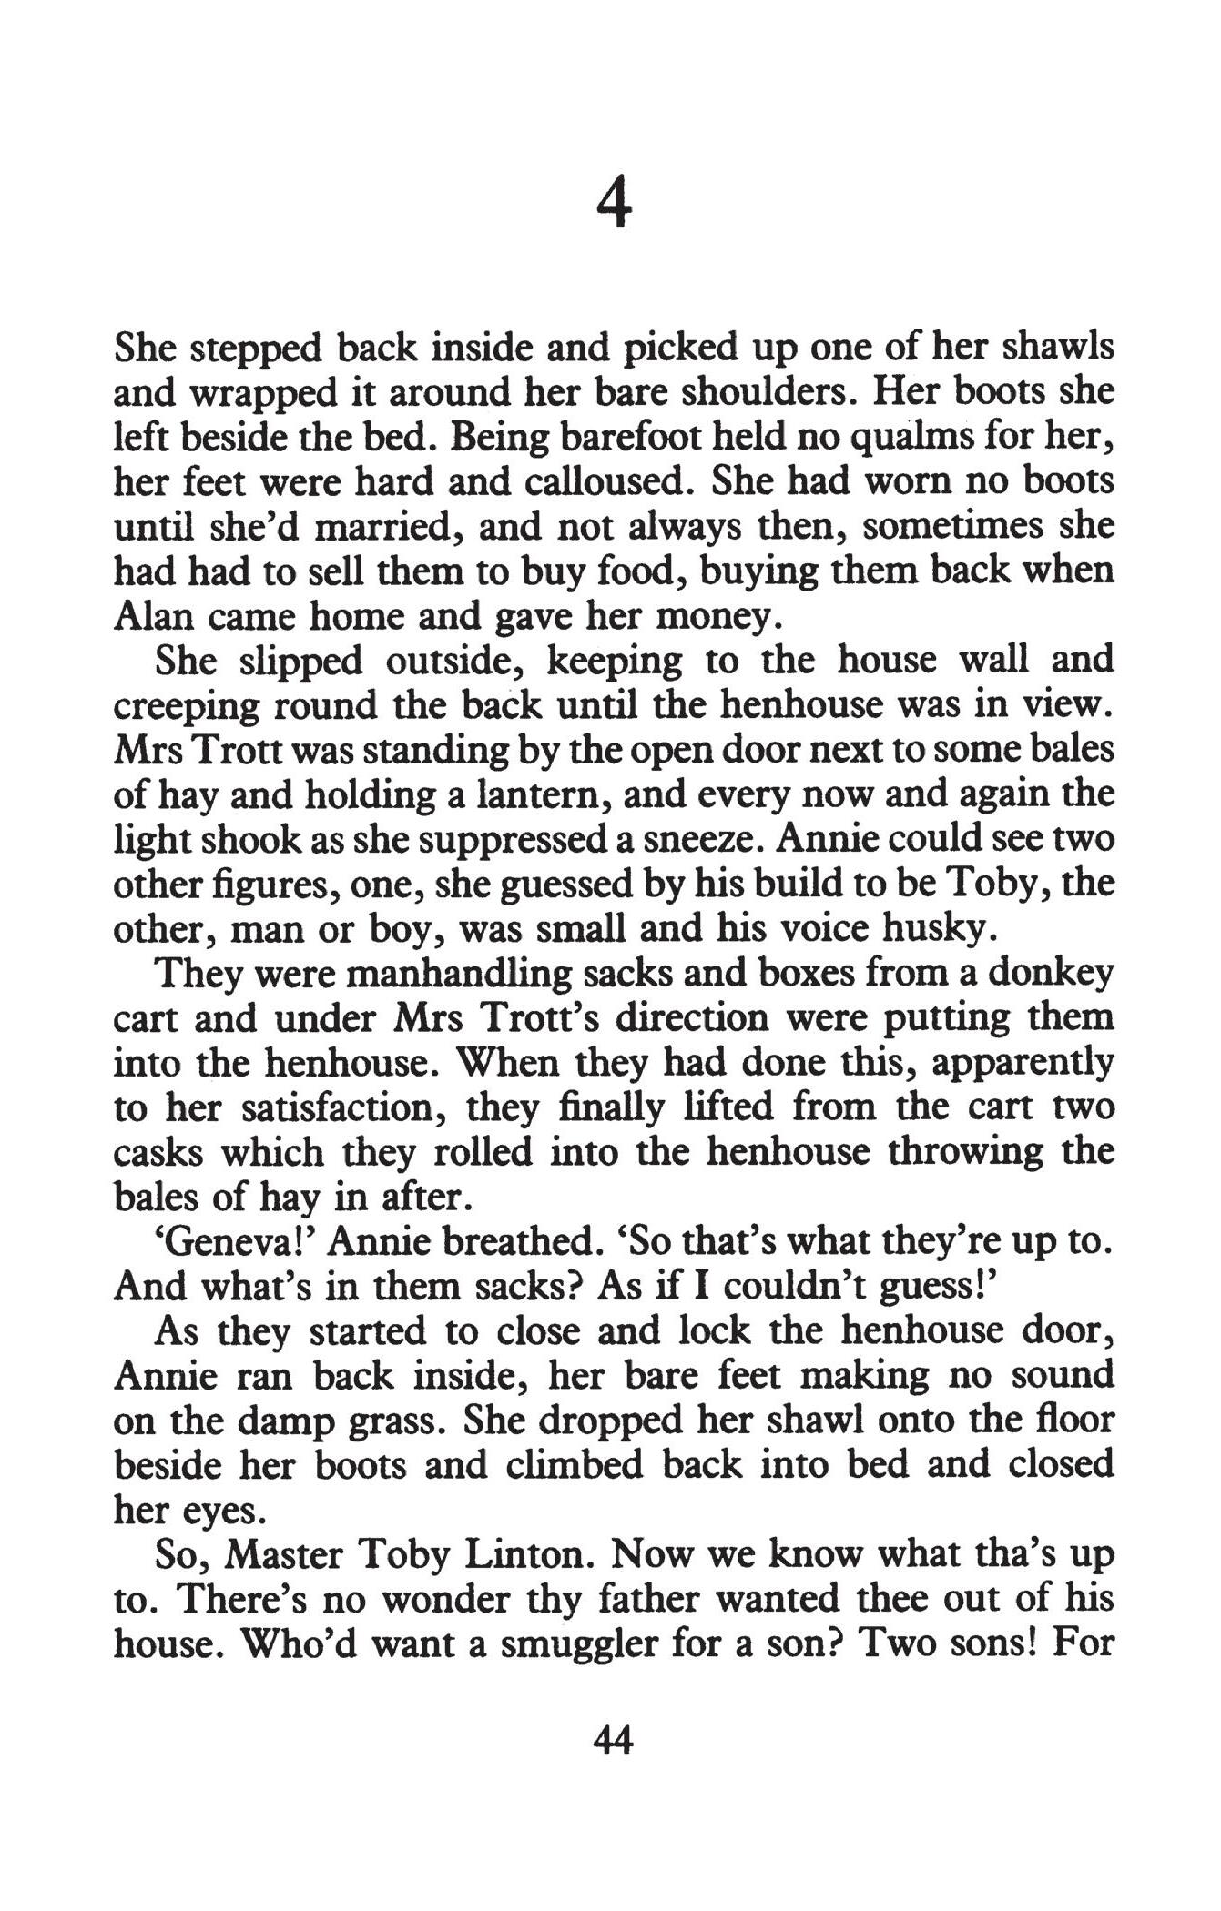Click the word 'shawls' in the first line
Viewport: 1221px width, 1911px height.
(1058, 347)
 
